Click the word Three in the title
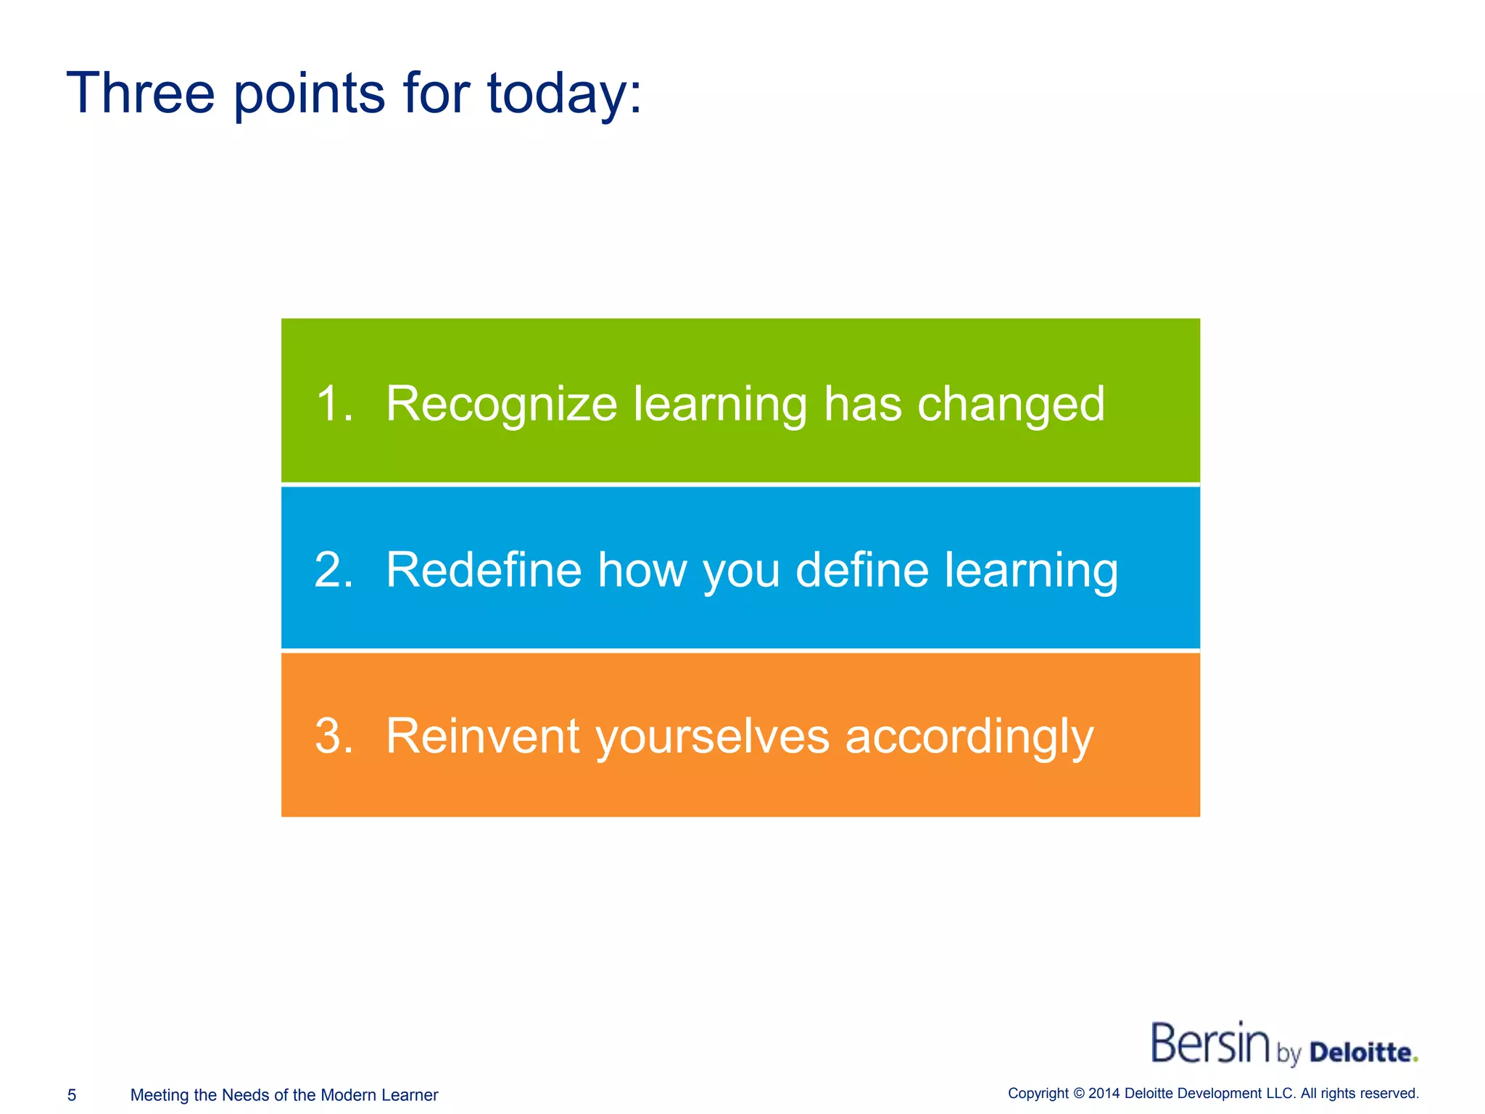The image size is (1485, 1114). pos(141,93)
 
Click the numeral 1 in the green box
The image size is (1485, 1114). pos(330,403)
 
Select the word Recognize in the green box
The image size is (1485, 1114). pos(501,404)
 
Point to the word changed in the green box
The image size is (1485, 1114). pos(1011,404)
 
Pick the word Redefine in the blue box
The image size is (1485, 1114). pos(484,569)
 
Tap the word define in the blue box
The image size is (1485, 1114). pos(861,569)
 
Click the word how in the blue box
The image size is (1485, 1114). pos(641,569)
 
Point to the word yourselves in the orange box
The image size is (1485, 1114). pos(712,737)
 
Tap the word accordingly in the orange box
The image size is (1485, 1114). pos(969,737)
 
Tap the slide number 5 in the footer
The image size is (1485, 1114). pos(72,1095)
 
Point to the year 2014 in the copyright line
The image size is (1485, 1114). pos(1104,1094)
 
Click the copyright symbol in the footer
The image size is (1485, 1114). pos(1079,1094)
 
